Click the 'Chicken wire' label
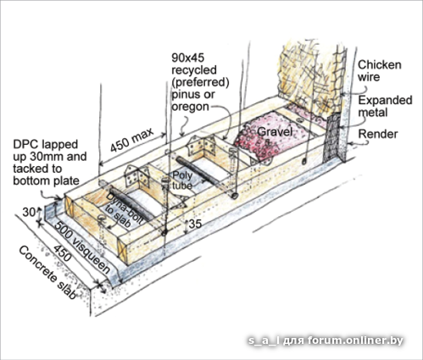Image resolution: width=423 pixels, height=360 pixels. point(380,71)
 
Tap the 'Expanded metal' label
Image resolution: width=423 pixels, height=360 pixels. point(385,106)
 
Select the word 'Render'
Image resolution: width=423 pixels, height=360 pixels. point(378,134)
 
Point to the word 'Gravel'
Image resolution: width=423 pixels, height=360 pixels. point(275,131)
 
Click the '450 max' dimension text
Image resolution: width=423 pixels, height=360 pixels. point(131,140)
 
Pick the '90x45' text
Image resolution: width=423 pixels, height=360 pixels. point(187,58)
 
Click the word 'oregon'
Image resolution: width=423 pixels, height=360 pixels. point(190,107)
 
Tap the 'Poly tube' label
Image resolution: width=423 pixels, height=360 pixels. point(182,180)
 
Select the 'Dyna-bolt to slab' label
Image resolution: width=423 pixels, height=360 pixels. point(123,210)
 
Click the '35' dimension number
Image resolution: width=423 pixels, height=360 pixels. point(195,224)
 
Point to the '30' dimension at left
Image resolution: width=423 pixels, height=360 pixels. point(29,213)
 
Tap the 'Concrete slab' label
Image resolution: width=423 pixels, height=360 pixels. point(47,273)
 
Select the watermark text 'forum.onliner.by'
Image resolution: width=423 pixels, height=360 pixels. point(355,341)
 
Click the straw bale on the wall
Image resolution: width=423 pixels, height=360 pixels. point(307,78)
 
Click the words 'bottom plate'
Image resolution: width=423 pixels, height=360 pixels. point(46,180)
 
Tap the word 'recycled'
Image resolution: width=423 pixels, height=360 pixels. point(194,69)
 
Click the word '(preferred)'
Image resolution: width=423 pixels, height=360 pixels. point(200,82)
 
